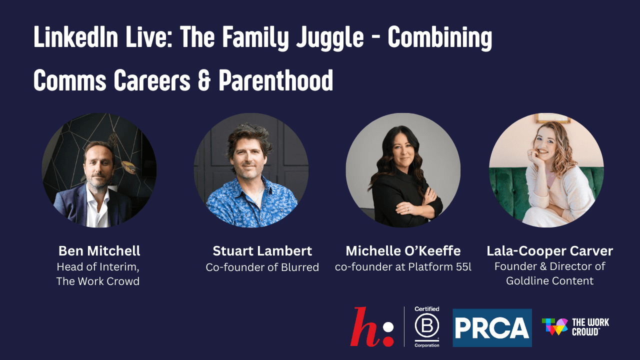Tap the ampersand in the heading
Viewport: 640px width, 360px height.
[x=203, y=80]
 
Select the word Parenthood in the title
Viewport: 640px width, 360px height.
[x=276, y=80]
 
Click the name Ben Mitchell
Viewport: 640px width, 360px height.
[x=99, y=250]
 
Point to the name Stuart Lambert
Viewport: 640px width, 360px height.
[x=262, y=250]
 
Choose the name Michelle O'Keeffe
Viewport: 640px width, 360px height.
[x=403, y=250]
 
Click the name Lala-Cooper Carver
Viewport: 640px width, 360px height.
[x=549, y=250]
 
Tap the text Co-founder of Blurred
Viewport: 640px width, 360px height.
[x=262, y=267]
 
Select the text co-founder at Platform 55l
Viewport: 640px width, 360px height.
[x=403, y=267]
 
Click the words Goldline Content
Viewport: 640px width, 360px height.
[x=549, y=280]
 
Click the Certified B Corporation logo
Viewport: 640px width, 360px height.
[x=426, y=327]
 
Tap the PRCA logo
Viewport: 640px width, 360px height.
[x=492, y=328]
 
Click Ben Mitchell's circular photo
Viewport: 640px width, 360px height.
[x=99, y=170]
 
